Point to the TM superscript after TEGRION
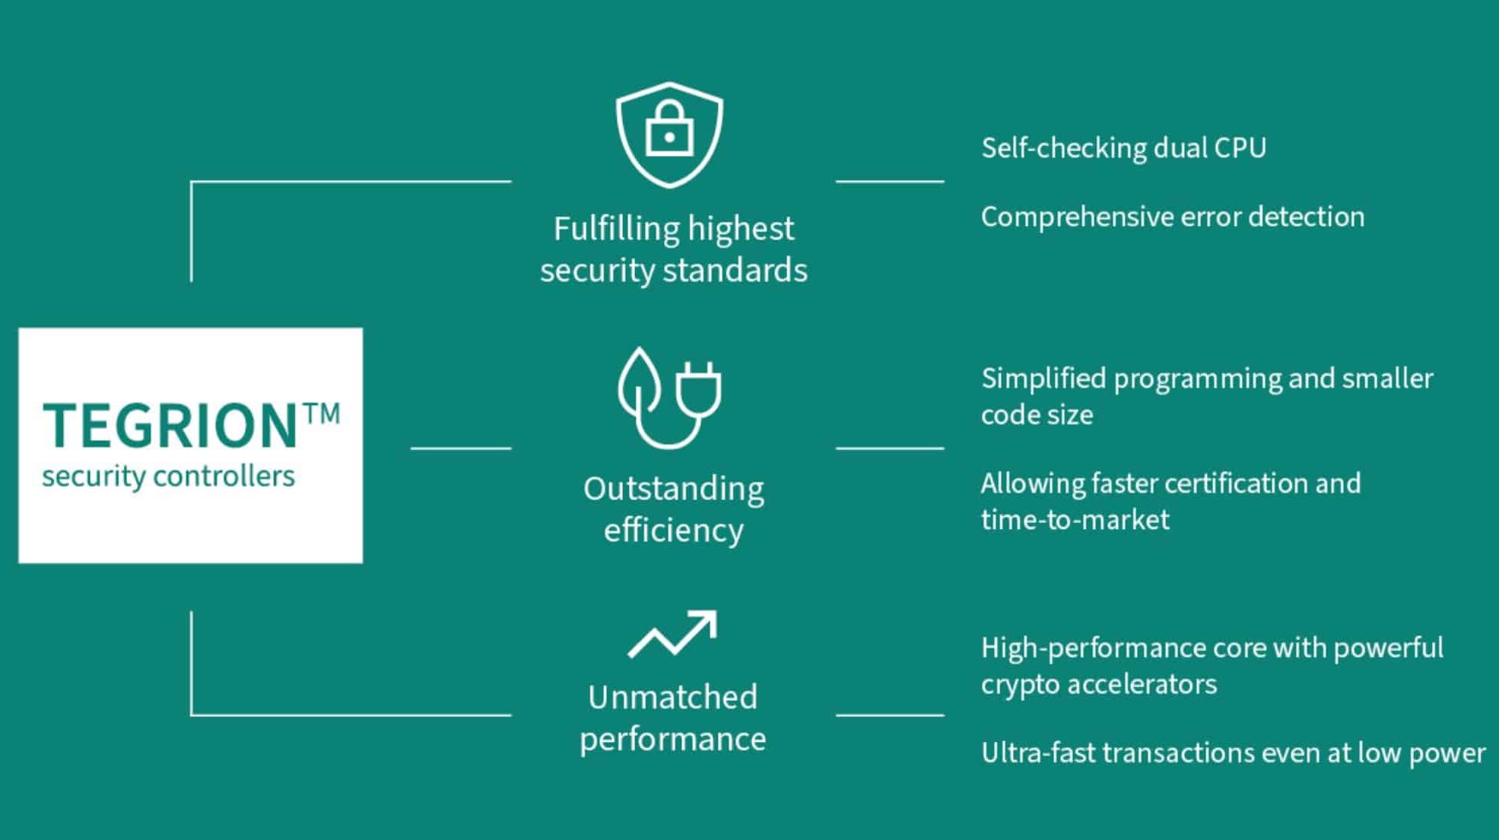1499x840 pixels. (322, 414)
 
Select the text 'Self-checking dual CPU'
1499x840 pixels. (1123, 148)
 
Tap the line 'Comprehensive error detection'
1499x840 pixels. (1173, 217)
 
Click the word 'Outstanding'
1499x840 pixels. (674, 490)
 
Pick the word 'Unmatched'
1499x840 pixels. (673, 697)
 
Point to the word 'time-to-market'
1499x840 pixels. (1075, 520)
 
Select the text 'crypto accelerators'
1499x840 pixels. (1099, 685)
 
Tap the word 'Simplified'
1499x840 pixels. (1043, 379)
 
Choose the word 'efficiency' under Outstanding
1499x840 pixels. (674, 531)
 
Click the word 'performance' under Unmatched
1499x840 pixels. (673, 740)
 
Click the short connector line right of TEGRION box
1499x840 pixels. (461, 449)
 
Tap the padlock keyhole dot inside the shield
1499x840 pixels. (669, 138)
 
